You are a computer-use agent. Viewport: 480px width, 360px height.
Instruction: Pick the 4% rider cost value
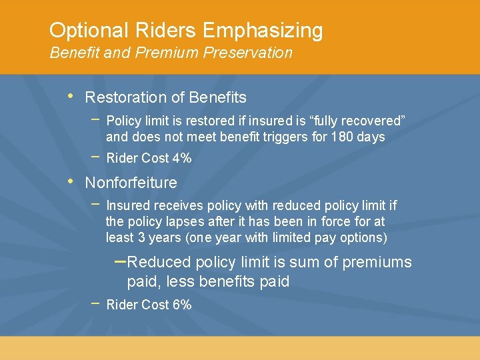click(x=181, y=158)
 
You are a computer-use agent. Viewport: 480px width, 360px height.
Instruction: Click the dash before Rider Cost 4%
click(x=95, y=157)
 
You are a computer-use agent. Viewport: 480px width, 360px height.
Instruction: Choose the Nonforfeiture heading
click(x=131, y=183)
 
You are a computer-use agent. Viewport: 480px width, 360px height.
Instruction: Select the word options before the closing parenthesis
click(x=361, y=238)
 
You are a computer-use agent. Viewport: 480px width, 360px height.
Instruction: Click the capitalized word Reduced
click(x=159, y=262)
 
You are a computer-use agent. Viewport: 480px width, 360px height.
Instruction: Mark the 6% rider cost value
click(x=181, y=305)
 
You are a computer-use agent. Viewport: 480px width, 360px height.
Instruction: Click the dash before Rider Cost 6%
click(x=95, y=303)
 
